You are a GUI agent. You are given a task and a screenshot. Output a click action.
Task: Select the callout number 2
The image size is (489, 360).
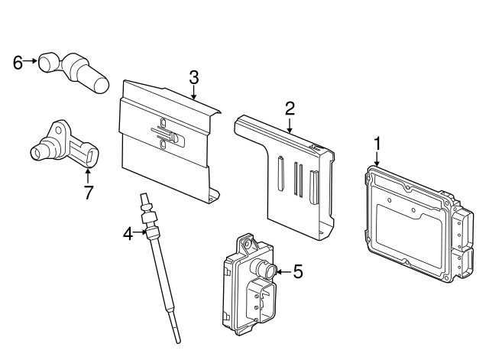coord(290,109)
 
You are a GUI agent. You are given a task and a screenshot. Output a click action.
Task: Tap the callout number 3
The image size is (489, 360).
coord(194,77)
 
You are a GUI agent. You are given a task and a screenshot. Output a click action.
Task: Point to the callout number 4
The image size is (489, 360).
coord(128,233)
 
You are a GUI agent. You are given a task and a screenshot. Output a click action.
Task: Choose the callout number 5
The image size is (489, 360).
coord(298,271)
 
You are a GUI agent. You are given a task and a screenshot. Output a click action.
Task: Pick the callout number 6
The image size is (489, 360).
coord(18,62)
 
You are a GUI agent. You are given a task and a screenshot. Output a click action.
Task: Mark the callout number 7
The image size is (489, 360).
coord(88,193)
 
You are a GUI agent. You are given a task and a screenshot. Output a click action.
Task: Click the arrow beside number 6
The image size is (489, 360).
coord(32,62)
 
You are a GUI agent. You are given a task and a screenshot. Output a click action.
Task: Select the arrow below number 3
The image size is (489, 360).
coord(194,93)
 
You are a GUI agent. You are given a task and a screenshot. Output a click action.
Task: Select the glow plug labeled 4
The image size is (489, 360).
coord(161,268)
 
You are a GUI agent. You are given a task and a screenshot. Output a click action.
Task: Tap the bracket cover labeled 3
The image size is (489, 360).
coord(164,145)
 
